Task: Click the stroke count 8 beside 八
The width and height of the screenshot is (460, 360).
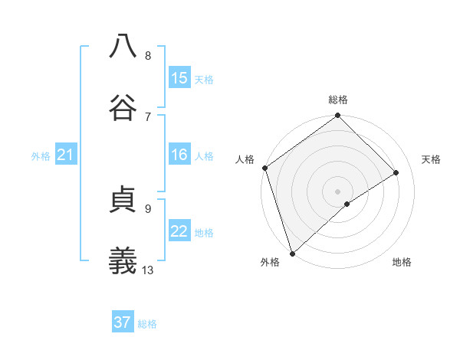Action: [x=148, y=55]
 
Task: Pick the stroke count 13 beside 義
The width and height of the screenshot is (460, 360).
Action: [x=148, y=270]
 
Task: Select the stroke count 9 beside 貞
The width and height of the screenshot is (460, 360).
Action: [x=148, y=208]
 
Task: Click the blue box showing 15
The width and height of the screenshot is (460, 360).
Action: [x=179, y=78]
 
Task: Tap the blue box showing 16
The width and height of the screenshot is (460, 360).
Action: [x=179, y=155]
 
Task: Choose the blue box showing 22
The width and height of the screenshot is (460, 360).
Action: [x=179, y=231]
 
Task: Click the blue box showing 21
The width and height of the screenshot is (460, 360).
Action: [x=66, y=155]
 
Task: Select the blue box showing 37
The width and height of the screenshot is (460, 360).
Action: [x=123, y=322]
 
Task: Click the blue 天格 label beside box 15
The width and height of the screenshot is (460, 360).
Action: [x=204, y=79]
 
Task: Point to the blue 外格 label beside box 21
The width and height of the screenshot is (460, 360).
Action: [x=41, y=155]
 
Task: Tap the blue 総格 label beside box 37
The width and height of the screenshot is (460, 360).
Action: [x=147, y=323]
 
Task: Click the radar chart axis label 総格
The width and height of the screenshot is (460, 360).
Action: [x=338, y=100]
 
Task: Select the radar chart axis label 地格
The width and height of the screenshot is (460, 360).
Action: [x=402, y=262]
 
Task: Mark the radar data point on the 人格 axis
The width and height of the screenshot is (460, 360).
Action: [x=264, y=168]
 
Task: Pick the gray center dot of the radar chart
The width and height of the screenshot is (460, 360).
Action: [x=337, y=191]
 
